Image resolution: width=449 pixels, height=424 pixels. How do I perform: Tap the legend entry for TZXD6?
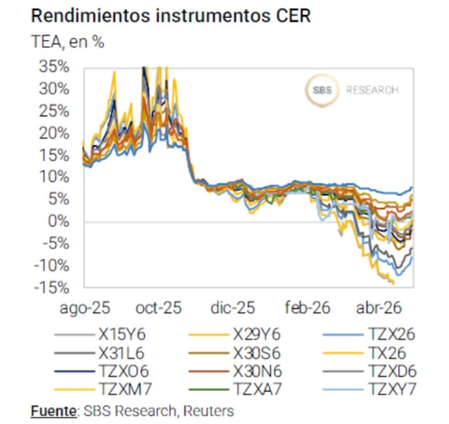click(x=369, y=371)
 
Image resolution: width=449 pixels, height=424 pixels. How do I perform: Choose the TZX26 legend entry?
click(x=369, y=334)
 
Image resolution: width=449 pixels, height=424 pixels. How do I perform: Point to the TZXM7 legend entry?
click(x=103, y=389)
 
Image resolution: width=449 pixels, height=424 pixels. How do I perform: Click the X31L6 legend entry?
click(x=99, y=353)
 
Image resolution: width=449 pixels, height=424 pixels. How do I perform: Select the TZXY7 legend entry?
click(x=369, y=389)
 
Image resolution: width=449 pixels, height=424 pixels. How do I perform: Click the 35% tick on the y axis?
click(x=54, y=67)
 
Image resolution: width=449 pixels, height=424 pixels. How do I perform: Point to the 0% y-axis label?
click(x=59, y=221)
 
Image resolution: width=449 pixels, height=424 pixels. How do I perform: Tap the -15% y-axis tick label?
click(x=52, y=288)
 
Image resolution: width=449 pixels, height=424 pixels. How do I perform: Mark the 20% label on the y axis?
click(x=54, y=134)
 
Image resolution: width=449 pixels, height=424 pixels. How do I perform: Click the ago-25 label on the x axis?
click(x=85, y=308)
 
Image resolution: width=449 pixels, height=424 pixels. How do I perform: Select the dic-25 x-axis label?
click(x=232, y=308)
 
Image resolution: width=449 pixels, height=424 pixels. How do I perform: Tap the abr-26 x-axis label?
click(x=379, y=308)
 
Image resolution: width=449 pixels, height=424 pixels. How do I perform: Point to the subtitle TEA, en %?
click(x=67, y=42)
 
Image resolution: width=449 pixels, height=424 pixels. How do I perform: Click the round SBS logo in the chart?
click(x=322, y=90)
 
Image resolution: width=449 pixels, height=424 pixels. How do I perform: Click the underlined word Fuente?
click(x=53, y=411)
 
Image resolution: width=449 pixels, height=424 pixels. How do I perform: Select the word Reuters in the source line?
click(x=208, y=411)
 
